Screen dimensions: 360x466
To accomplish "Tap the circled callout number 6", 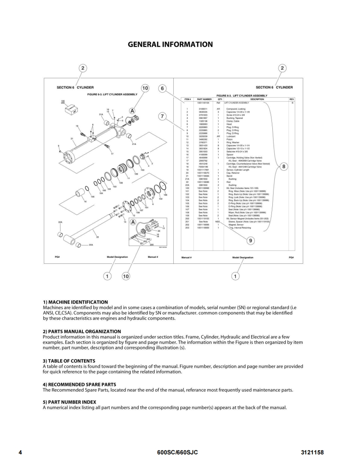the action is [163, 88].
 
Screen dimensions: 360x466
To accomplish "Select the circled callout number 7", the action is [163, 117].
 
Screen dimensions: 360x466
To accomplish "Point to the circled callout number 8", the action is [284, 167].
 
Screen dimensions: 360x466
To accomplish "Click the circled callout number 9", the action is [250, 240].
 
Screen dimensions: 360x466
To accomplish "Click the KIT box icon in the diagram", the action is [71, 110].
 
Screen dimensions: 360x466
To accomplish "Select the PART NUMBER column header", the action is [205, 99].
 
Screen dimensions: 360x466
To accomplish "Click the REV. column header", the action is [292, 99].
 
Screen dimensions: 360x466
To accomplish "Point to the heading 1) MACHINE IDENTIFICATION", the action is [75, 302].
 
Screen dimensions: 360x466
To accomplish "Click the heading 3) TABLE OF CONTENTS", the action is [69, 361].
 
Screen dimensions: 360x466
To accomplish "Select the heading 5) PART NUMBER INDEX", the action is [69, 402].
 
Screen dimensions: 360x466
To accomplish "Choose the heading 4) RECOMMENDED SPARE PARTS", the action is [79, 384].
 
